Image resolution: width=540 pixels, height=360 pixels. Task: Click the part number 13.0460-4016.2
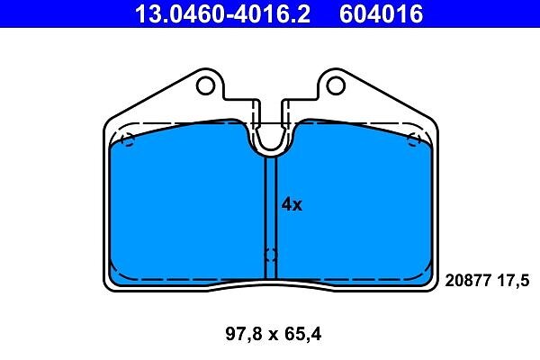(222, 14)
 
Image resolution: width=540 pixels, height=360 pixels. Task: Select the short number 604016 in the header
(381, 14)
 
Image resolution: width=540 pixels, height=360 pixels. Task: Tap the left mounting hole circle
(205, 85)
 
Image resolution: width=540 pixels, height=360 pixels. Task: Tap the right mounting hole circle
(336, 85)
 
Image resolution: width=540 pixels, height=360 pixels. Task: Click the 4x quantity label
(292, 204)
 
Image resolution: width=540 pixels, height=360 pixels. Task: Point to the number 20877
(468, 281)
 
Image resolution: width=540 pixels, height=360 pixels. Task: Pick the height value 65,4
(302, 334)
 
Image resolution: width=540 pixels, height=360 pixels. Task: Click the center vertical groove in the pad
(271, 218)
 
